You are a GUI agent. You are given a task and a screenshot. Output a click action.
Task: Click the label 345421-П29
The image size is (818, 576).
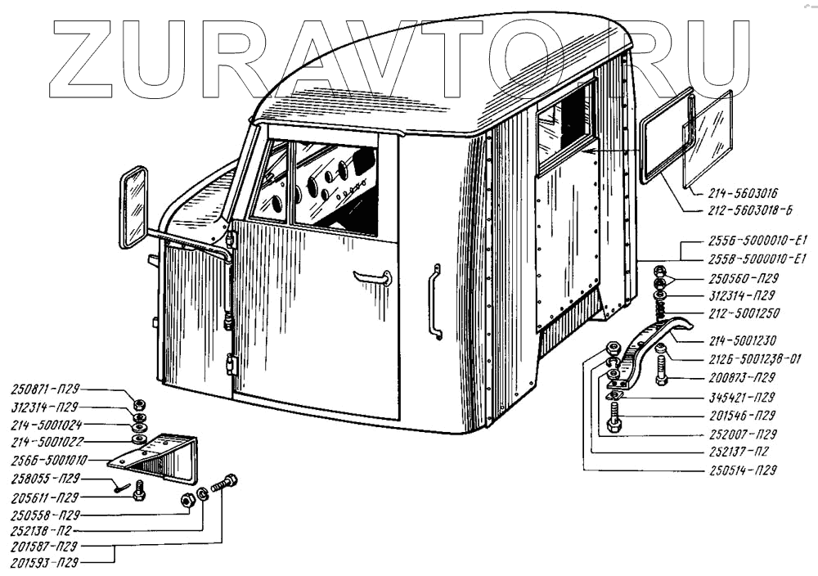(x=741, y=397)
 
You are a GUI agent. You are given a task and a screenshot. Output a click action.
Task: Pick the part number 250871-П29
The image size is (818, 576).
(x=45, y=391)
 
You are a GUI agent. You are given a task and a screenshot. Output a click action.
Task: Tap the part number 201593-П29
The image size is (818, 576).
(x=45, y=563)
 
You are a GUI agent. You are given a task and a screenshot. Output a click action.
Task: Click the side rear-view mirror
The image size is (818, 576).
(x=133, y=207)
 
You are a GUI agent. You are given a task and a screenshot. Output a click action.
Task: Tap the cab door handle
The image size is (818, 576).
(x=372, y=278)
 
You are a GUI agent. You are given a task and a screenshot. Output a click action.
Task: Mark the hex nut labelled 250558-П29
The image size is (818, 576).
(x=187, y=500)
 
